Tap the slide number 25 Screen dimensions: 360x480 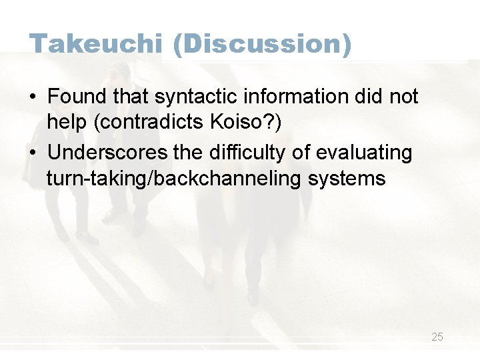click(x=437, y=337)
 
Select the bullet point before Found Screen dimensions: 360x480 click(x=33, y=97)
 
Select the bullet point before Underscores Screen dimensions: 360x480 click(x=33, y=153)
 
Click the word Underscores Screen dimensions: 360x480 click(x=108, y=153)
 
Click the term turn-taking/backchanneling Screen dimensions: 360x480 click(x=175, y=179)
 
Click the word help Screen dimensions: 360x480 click(x=65, y=123)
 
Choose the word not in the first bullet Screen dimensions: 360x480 click(x=403, y=97)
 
